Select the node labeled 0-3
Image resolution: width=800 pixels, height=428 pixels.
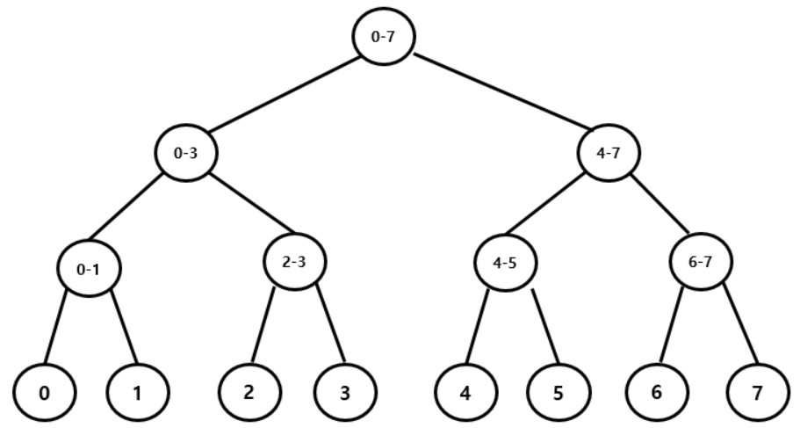(185, 153)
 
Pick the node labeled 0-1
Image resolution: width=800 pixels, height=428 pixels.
(87, 269)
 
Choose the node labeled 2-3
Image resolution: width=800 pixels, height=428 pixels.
(292, 261)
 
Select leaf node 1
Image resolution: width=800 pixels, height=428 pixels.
(136, 391)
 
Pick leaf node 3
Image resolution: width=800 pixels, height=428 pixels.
(343, 390)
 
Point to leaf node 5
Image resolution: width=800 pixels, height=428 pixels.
(559, 391)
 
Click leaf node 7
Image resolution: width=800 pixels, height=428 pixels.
(757, 391)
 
